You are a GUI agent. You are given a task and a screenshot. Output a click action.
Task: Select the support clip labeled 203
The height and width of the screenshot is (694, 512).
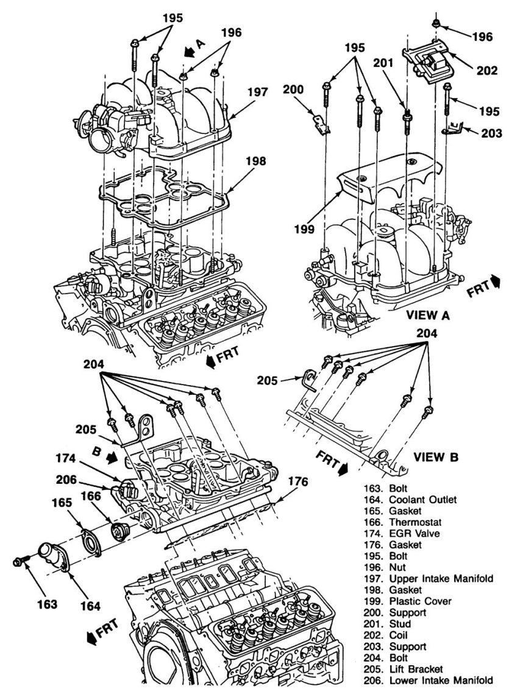[x=452, y=127]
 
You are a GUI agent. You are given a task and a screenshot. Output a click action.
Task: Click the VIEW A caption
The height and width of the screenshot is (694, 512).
[x=432, y=314]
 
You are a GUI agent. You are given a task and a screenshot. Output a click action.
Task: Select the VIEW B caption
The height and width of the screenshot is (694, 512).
[x=435, y=456]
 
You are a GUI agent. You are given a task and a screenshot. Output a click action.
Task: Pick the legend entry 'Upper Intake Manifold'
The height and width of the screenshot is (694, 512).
[x=440, y=578]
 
